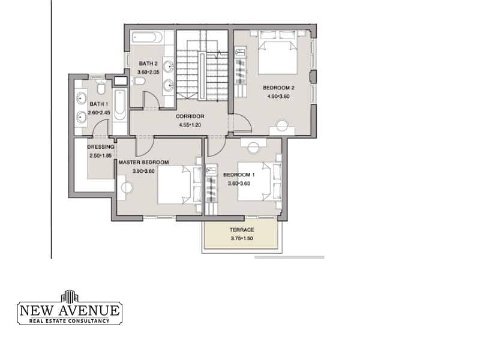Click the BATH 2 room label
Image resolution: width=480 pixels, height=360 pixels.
(x=148, y=64)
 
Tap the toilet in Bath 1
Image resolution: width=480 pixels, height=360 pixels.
(x=101, y=88)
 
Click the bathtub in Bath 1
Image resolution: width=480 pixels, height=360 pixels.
(x=119, y=105)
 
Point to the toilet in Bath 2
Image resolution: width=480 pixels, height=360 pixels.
(x=140, y=81)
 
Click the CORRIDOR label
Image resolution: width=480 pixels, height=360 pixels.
(x=190, y=116)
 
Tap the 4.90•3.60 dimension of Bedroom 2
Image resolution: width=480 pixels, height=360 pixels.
(x=278, y=97)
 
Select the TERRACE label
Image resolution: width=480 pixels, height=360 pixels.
(x=242, y=230)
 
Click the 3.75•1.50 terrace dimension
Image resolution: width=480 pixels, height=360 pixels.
(x=242, y=238)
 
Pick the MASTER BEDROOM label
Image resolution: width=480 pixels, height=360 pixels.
(x=143, y=162)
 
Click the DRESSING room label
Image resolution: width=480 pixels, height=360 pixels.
(x=101, y=147)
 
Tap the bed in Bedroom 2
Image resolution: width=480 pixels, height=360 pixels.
(x=278, y=52)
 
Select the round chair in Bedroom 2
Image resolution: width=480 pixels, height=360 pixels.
(x=282, y=126)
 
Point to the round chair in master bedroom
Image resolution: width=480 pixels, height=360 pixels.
(x=127, y=188)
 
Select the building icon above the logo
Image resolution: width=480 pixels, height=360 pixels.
(x=70, y=295)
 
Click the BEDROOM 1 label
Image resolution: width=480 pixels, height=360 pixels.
(x=239, y=175)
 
